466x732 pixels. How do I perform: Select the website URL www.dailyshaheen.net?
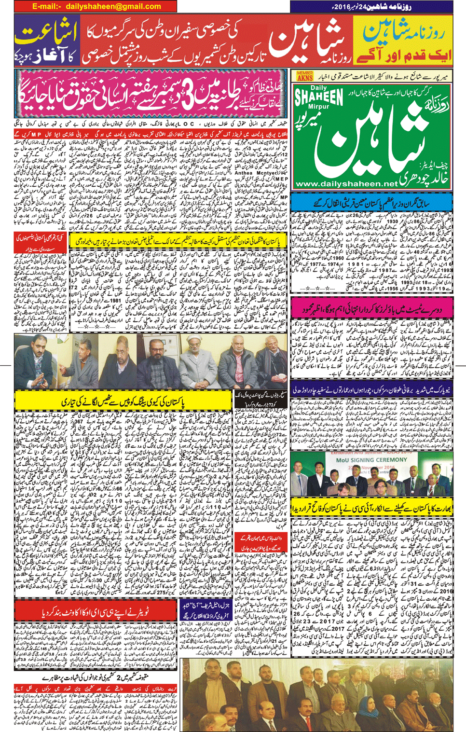[347, 184]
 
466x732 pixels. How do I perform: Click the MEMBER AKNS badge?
[305, 76]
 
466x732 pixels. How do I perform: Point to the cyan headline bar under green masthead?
[371, 202]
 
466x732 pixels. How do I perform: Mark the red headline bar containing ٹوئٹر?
[96, 612]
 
